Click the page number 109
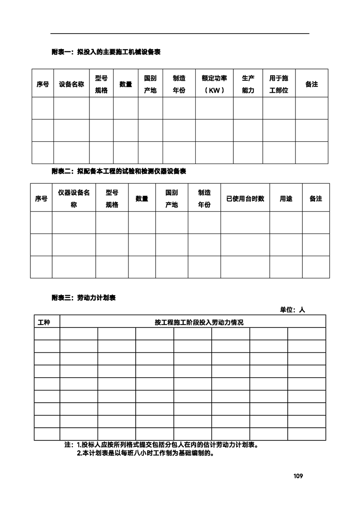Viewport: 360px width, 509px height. (x=298, y=476)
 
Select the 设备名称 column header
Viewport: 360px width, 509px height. (x=71, y=84)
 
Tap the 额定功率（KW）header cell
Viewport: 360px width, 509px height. (x=214, y=84)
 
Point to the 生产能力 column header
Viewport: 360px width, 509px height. (x=248, y=84)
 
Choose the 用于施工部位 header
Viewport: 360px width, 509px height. (x=279, y=84)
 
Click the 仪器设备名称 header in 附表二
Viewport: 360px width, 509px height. (x=74, y=198)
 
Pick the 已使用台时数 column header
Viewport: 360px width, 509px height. (x=245, y=198)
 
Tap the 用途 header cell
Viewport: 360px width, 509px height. (x=286, y=198)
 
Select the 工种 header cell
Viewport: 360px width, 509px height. (x=44, y=322)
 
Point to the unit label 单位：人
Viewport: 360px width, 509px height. (x=292, y=310)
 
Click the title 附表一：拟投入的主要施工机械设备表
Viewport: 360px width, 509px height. (x=106, y=52)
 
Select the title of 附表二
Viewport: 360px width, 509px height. (x=118, y=171)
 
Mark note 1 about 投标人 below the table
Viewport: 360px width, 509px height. (x=162, y=445)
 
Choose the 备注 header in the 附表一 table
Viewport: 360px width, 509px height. (x=311, y=84)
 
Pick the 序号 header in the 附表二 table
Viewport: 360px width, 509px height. (x=41, y=198)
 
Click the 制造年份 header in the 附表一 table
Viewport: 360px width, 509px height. (x=179, y=84)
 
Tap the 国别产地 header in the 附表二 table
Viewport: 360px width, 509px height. (x=172, y=198)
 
